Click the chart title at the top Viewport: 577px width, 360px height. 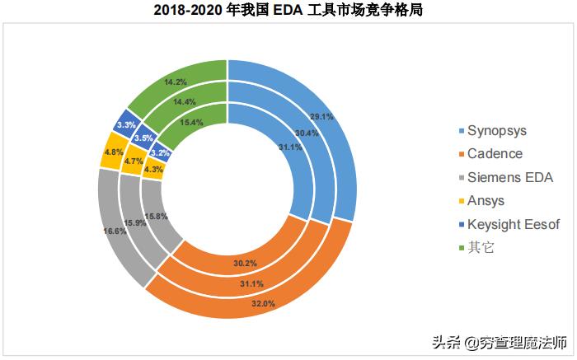click(288, 11)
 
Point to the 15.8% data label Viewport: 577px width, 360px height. click(157, 217)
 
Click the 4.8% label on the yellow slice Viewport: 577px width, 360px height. click(113, 152)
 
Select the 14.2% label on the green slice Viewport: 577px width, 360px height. click(174, 82)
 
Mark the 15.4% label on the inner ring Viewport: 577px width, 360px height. click(191, 122)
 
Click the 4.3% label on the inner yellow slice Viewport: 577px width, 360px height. click(153, 171)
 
